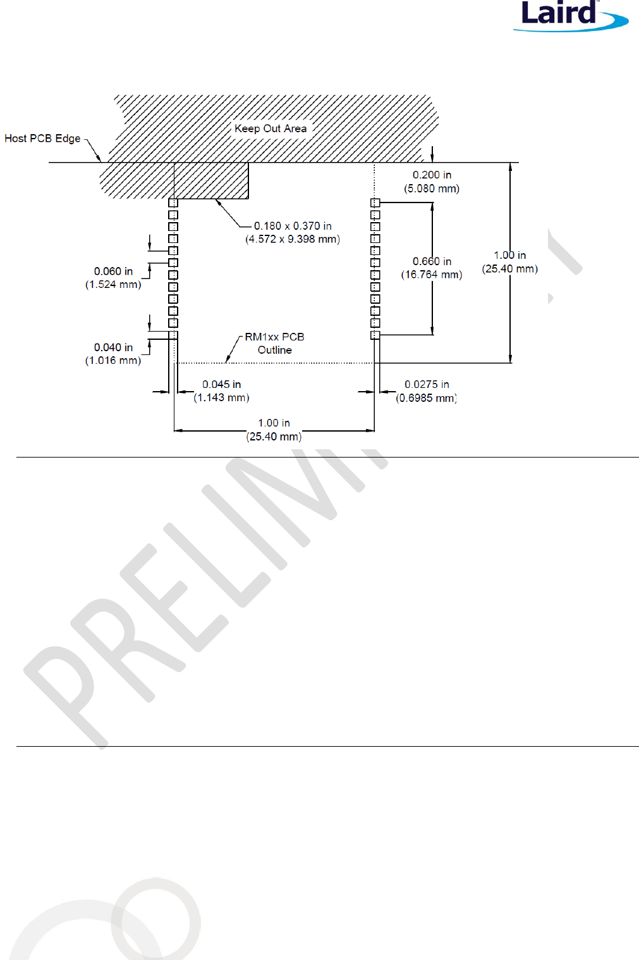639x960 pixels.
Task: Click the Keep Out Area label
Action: pyautogui.click(x=271, y=128)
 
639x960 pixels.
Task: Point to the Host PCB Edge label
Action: pyautogui.click(x=42, y=139)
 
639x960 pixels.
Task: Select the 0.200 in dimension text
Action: pyautogui.click(x=432, y=175)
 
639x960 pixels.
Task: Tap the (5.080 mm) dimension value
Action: pyautogui.click(x=432, y=189)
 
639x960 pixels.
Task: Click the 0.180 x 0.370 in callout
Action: pyautogui.click(x=293, y=226)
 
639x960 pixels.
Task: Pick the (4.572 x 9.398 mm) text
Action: pyautogui.click(x=293, y=239)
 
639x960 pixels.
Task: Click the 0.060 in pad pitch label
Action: pyautogui.click(x=113, y=271)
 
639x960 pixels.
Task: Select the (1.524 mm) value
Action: pyautogui.click(x=113, y=285)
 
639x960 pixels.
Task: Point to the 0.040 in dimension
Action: pyautogui.click(x=113, y=347)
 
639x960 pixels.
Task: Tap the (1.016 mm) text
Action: pyautogui.click(x=113, y=361)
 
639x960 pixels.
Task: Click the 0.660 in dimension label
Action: pyautogui.click(x=432, y=261)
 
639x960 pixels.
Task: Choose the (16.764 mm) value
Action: pyautogui.click(x=432, y=275)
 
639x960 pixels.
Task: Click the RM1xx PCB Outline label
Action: pyautogui.click(x=274, y=344)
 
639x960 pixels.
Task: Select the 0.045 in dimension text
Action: pyautogui.click(x=221, y=385)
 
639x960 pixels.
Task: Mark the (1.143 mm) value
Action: pyautogui.click(x=221, y=398)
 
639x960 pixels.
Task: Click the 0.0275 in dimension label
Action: pyautogui.click(x=427, y=385)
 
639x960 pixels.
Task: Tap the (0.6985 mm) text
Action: pyautogui.click(x=427, y=398)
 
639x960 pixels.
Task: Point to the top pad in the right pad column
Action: pyautogui.click(x=375, y=203)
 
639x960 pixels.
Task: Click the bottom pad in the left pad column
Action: pyautogui.click(x=173, y=335)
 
